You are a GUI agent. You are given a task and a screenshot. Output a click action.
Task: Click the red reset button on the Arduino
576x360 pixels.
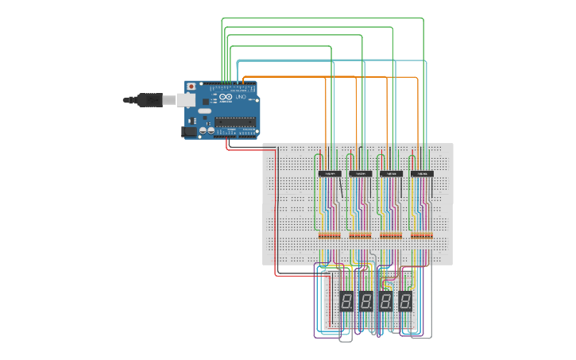pyautogui.click(x=190, y=85)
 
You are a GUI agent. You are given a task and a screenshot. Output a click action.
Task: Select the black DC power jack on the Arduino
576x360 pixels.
pyautogui.click(x=189, y=132)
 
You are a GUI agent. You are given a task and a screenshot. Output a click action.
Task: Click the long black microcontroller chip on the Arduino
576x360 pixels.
pyautogui.click(x=236, y=122)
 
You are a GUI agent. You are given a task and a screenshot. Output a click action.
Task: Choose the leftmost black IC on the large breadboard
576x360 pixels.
pyautogui.click(x=330, y=172)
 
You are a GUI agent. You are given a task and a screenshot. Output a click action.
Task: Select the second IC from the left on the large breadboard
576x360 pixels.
pyautogui.click(x=360, y=172)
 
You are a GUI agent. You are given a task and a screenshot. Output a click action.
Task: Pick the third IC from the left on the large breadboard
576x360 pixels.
pyautogui.click(x=391, y=172)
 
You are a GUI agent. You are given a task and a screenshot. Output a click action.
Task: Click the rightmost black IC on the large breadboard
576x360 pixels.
pyautogui.click(x=422, y=172)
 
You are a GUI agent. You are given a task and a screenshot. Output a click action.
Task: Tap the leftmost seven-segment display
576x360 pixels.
pyautogui.click(x=347, y=301)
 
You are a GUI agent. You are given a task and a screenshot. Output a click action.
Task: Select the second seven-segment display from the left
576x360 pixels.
pyautogui.click(x=366, y=301)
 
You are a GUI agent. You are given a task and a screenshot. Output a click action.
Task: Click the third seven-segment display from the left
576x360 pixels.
pyautogui.click(x=386, y=301)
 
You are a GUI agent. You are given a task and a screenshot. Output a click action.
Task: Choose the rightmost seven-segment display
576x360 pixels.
pyautogui.click(x=405, y=301)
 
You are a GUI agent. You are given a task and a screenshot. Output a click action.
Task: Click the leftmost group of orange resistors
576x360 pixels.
pyautogui.click(x=329, y=235)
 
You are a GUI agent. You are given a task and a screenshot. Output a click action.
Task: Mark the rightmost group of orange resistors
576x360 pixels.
pyautogui.click(x=422, y=235)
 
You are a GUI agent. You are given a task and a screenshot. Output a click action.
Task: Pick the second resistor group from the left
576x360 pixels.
pyautogui.click(x=360, y=235)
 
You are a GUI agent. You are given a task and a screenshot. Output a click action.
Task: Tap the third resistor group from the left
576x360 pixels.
pyautogui.click(x=391, y=235)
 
